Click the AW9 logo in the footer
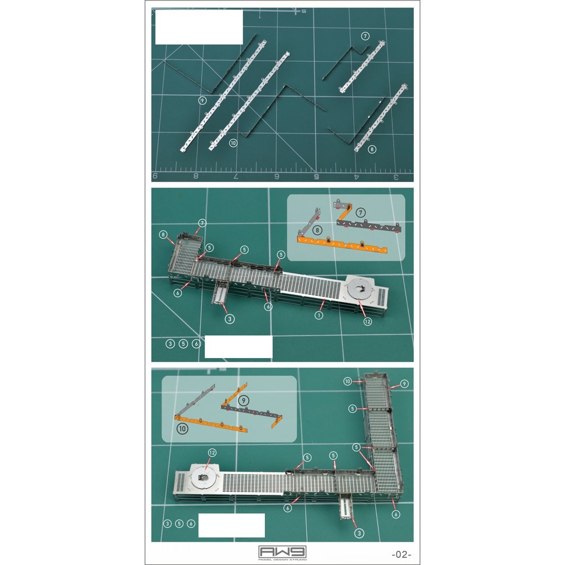[x=282, y=552]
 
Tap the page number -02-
[x=401, y=554]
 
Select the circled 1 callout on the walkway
[x=318, y=316]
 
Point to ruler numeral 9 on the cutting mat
[x=155, y=176]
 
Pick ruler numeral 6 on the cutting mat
[x=276, y=177]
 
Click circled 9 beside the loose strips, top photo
[x=203, y=100]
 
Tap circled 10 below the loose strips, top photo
[x=233, y=142]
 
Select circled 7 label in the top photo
[x=365, y=36]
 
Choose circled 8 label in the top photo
[x=372, y=149]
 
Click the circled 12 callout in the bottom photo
[x=212, y=452]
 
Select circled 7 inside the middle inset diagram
[x=360, y=212]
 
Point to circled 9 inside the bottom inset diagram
[x=244, y=400]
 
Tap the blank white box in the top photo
[x=199, y=27]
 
